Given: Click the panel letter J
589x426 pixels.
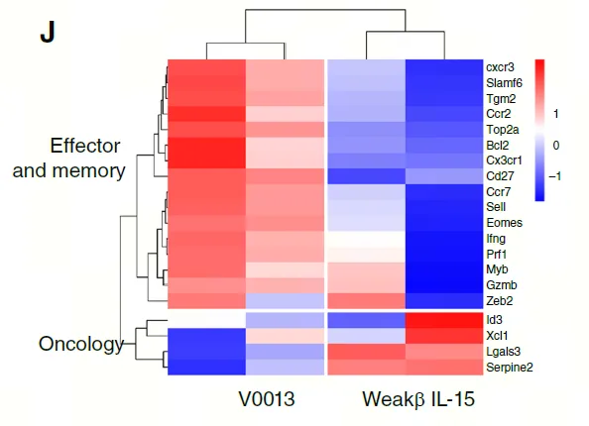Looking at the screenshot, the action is coord(48,33).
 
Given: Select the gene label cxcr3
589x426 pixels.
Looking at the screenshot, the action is coord(500,67).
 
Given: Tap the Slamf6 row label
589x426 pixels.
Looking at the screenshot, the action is coord(504,83).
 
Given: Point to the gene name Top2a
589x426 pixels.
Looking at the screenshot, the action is coord(503,130).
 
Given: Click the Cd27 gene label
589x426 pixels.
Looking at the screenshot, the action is coord(500,176).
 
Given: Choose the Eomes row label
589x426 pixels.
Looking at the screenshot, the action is coord(504,223).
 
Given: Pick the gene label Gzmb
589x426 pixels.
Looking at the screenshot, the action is coord(502,285).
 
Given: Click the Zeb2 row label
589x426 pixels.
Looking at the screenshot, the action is coord(499,300).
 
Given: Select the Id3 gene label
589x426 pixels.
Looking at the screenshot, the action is coord(494,320).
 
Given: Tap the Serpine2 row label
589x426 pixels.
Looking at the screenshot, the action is coord(510,368).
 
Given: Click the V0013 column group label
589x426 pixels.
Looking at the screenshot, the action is coord(267,398).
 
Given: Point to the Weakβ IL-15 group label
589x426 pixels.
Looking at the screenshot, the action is coord(418,398).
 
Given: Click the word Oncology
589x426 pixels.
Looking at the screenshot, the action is coord(81,344).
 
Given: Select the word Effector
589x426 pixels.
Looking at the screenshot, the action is coord(85,146).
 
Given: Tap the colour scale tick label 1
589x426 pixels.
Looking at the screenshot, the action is coord(556,114).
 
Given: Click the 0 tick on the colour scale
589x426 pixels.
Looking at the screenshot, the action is coord(556,146).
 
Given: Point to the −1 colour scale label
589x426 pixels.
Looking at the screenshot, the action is coord(555,176).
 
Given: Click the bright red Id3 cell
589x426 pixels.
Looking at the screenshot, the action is coord(444,320).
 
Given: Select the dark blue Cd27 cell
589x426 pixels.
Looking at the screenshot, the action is coord(366,176).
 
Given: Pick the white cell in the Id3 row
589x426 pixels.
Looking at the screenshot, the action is coord(206,320).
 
